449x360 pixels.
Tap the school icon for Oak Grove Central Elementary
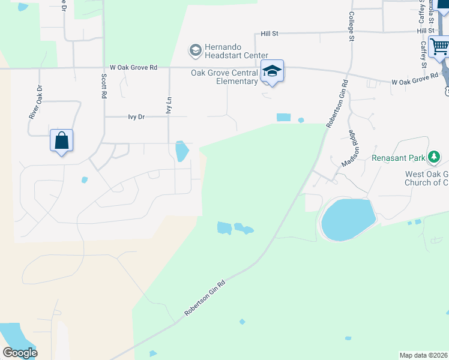tap(272, 72)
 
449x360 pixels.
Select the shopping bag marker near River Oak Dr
tap(62, 141)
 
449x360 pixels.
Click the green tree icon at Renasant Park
tap(434, 158)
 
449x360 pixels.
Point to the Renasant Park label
tap(397, 158)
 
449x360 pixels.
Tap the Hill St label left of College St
tap(270, 34)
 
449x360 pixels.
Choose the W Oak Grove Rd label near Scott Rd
tap(133, 68)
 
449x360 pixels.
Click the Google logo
tap(20, 353)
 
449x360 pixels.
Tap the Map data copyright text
tap(424, 355)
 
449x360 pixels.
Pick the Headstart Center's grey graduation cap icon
tap(195, 50)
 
